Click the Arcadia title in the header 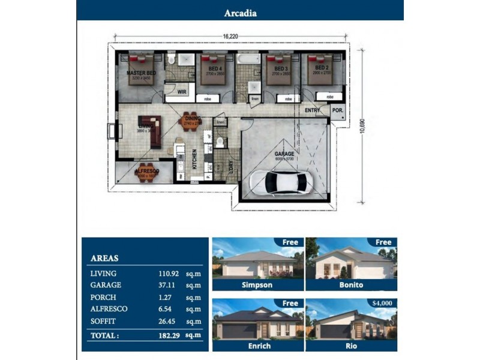click(240, 13)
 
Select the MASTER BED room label click(141, 73)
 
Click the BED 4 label click(215, 69)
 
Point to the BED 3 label click(281, 69)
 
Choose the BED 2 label click(322, 69)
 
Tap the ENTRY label click(312, 110)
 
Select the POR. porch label click(338, 110)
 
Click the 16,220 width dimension click(231, 37)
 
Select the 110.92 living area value click(162, 274)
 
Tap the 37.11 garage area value click(162, 286)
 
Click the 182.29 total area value click(162, 335)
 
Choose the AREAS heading click(104, 259)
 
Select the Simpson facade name click(257, 285)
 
